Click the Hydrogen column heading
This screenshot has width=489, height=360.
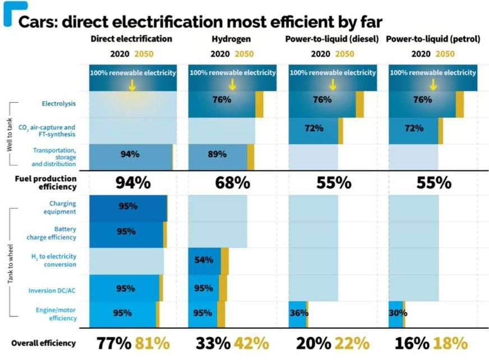232,39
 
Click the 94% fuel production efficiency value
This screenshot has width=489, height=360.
132,183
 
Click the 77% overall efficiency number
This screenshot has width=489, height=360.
114,343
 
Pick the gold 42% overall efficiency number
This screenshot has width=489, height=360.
252,343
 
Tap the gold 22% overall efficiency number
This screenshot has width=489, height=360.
352,343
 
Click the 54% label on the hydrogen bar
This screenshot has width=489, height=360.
202,260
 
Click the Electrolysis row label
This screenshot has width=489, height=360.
59,104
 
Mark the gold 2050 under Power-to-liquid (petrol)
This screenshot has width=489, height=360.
446,54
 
